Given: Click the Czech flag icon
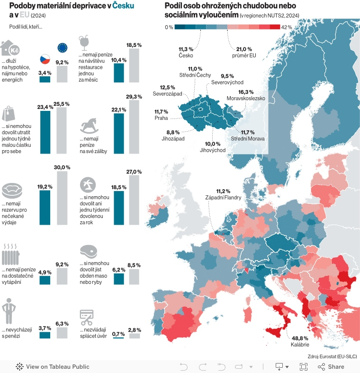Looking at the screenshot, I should tap(45, 60).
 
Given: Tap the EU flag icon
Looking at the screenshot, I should tap(62, 47).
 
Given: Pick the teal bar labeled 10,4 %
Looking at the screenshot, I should tap(118, 73).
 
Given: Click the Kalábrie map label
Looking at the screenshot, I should tap(300, 345).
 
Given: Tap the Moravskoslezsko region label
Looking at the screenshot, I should tap(245, 98).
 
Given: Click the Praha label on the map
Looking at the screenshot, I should tap(162, 118).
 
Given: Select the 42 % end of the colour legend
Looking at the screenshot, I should tap(286, 27).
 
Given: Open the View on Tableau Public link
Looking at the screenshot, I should tap(53, 366).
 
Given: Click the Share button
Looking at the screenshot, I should tap(331, 366).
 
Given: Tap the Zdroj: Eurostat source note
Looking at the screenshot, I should tap(332, 356).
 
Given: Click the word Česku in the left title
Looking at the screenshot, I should tap(123, 6).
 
